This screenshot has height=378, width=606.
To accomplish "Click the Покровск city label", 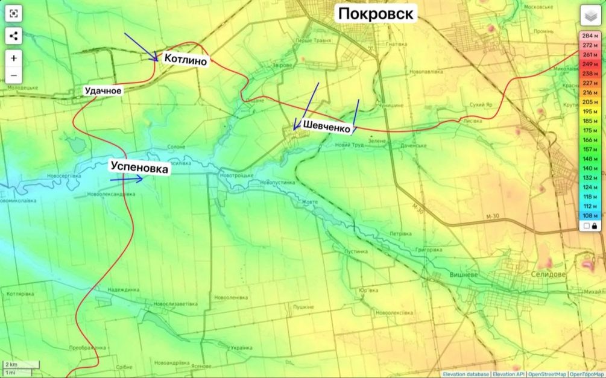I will coord(376,13).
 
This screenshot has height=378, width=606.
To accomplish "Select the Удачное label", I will coord(104,91).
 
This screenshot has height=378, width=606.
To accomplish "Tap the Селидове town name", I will coord(549,274).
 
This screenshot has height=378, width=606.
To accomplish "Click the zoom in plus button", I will coord(14,58).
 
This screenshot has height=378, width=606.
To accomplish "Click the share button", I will coord(14,36).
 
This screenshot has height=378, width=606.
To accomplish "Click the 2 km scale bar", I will coord(21,365).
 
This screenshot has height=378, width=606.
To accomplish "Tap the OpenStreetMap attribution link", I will coord(548,374).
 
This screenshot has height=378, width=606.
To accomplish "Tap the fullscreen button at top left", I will coord(14,13).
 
